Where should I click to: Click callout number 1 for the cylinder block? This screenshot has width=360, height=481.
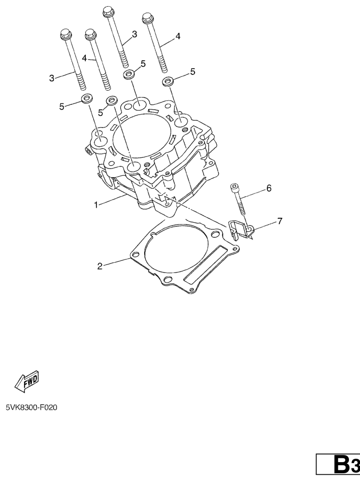pyautogui.click(x=96, y=205)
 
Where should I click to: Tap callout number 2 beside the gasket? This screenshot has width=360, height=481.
pyautogui.click(x=100, y=266)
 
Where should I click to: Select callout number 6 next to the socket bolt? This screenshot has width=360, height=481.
pyautogui.click(x=269, y=188)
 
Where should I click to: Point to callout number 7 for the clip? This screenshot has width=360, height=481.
pyautogui.click(x=280, y=221)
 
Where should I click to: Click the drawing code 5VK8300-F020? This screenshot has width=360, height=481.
pyautogui.click(x=31, y=408)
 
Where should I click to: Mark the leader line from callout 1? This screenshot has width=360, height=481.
pyautogui.click(x=112, y=199)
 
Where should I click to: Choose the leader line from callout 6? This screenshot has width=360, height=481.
pyautogui.click(x=252, y=194)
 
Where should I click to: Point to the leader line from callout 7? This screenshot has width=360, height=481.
pyautogui.click(x=264, y=225)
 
